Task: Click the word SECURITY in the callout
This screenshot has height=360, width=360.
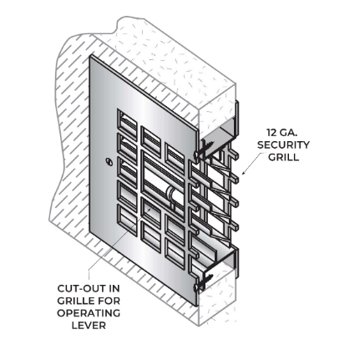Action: tap(282, 145)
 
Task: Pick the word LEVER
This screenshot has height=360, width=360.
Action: tap(88, 325)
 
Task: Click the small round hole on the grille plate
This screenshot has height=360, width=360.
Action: tap(109, 161)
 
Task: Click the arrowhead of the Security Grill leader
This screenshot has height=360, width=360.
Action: tap(243, 175)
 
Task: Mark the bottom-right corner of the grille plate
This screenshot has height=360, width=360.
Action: tap(193, 311)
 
